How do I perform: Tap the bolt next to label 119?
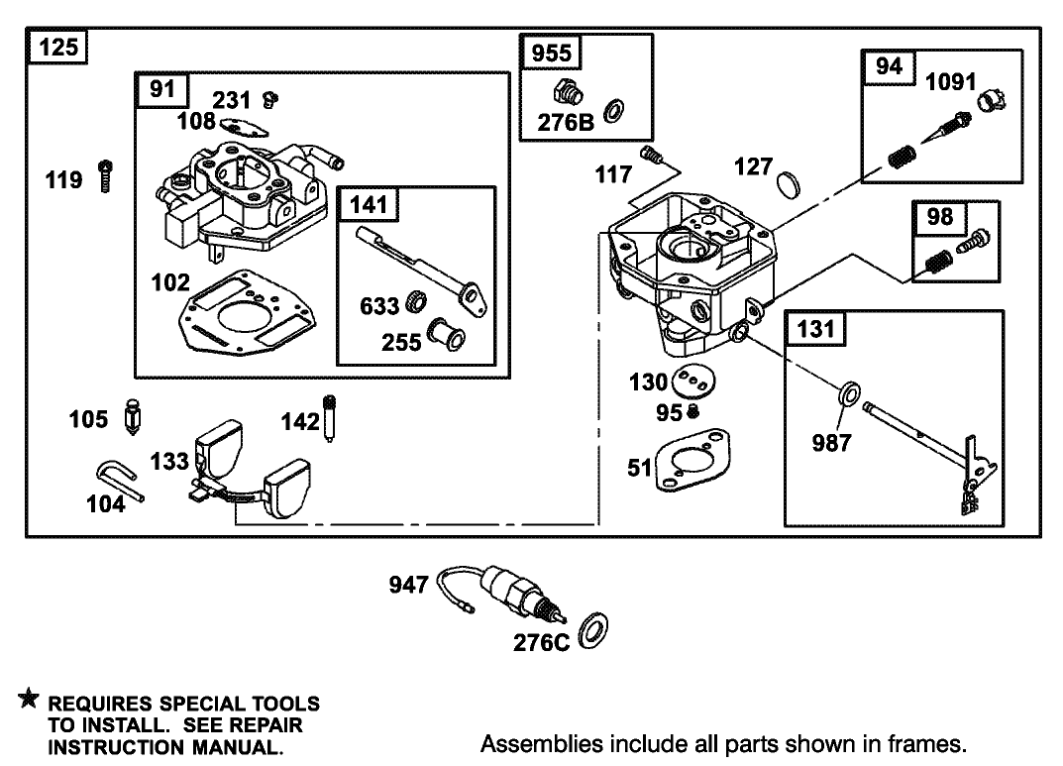(x=105, y=175)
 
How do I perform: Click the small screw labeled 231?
(x=268, y=98)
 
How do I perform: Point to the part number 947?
(x=407, y=586)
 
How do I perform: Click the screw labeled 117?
(x=651, y=154)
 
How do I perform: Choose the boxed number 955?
(x=552, y=53)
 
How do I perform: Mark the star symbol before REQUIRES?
(x=29, y=702)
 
